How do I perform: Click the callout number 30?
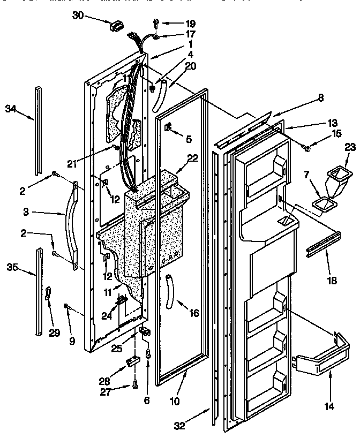tap(78, 16)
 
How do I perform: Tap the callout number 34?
tap(11, 109)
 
